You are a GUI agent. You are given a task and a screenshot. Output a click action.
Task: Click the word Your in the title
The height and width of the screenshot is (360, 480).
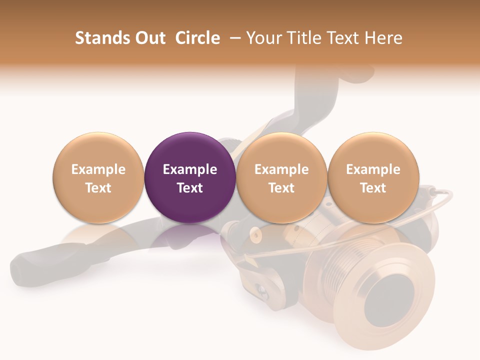pyautogui.click(x=263, y=38)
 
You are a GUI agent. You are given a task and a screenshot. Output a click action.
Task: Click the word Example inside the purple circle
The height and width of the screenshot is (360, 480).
pyautogui.click(x=190, y=169)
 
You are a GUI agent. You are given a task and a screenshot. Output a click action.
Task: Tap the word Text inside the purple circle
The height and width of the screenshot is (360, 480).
pyautogui.click(x=190, y=188)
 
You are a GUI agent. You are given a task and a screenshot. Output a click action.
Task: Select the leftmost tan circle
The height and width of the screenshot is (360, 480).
pyautogui.click(x=98, y=178)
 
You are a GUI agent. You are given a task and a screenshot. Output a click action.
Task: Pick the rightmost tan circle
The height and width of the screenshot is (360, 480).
pyautogui.click(x=373, y=178)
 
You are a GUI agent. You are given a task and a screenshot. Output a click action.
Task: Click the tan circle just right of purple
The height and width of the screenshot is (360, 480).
pyautogui.click(x=281, y=178)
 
